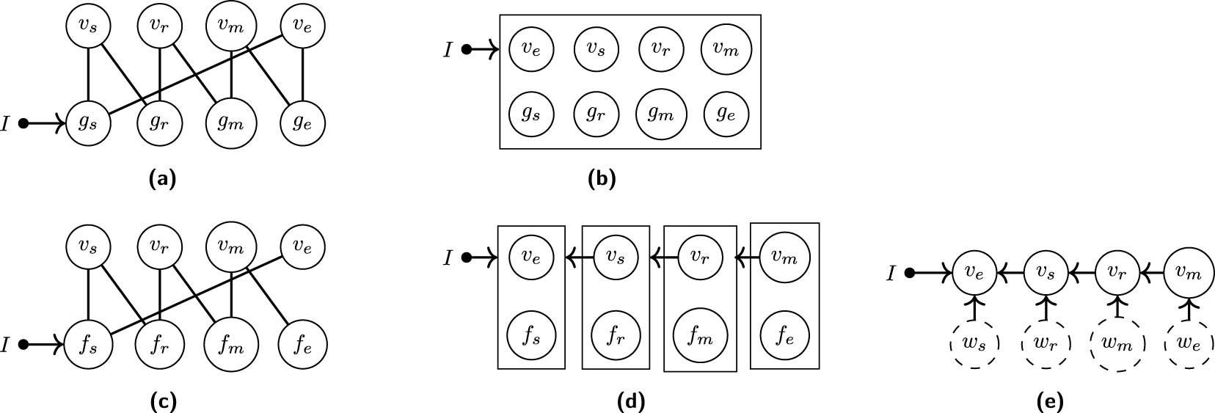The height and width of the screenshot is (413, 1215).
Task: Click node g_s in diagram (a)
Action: pyautogui.click(x=88, y=123)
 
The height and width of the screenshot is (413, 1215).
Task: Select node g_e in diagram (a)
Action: pyautogui.click(x=303, y=123)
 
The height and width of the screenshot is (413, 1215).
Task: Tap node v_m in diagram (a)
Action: pyautogui.click(x=231, y=26)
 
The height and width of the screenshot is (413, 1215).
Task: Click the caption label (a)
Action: pyautogui.click(x=162, y=178)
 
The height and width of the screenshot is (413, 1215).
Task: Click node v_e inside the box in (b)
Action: pyautogui.click(x=530, y=49)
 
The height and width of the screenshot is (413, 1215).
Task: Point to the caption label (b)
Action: pyautogui.click(x=602, y=178)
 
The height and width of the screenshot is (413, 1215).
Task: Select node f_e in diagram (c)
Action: pyautogui.click(x=303, y=344)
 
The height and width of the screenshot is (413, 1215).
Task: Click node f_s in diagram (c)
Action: pyautogui.click(x=88, y=344)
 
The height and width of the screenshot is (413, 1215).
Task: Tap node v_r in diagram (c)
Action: pyautogui.click(x=160, y=247)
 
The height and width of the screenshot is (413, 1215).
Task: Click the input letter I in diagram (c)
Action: pyautogui.click(x=5, y=344)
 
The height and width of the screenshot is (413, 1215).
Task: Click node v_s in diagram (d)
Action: pyautogui.click(x=616, y=257)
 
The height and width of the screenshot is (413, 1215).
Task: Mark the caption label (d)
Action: pyautogui.click(x=631, y=401)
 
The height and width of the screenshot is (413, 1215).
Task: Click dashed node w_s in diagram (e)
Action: pyautogui.click(x=974, y=343)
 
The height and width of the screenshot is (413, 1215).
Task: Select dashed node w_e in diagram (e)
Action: pyautogui.click(x=1188, y=343)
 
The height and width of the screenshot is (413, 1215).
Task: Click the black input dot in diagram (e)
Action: pyautogui.click(x=910, y=274)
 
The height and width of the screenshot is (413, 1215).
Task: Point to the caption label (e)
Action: pyautogui.click(x=1050, y=401)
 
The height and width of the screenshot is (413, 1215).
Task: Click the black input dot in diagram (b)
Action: pyautogui.click(x=467, y=50)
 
